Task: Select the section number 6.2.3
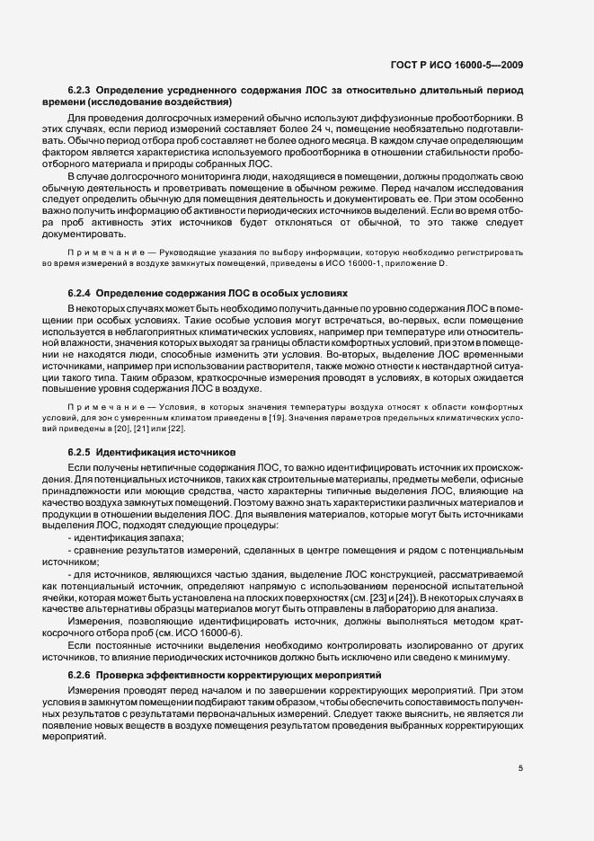tap(80, 92)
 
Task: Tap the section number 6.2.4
tap(80, 294)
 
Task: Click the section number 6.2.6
tap(80, 674)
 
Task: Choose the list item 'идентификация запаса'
tap(129, 537)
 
